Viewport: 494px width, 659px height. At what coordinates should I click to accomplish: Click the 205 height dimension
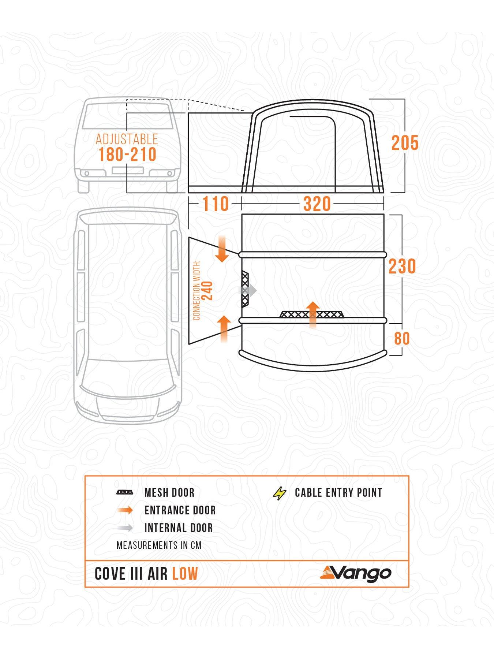tap(405, 143)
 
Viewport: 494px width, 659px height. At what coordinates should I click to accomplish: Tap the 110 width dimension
tap(216, 204)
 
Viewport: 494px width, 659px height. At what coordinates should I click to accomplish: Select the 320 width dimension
tap(317, 204)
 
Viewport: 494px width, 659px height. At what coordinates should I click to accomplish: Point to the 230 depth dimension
tap(402, 266)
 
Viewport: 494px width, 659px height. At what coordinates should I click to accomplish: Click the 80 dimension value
tap(402, 339)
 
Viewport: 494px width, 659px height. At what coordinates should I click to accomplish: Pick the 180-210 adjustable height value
tap(127, 155)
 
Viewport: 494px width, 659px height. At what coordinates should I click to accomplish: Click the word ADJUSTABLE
tap(127, 139)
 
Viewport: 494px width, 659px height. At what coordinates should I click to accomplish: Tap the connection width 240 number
tap(207, 290)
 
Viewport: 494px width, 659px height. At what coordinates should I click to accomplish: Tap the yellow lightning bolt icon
tap(280, 493)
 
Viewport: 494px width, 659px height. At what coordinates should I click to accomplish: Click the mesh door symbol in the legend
tap(125, 492)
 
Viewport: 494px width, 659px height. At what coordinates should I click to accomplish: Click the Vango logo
tap(355, 573)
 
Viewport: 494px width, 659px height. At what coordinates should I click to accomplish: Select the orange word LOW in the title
tap(185, 574)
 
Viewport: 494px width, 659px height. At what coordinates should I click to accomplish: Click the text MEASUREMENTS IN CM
tap(159, 546)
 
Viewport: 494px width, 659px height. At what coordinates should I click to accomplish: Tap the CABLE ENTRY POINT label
tap(338, 493)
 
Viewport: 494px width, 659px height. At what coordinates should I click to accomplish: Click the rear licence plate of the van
tap(127, 170)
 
